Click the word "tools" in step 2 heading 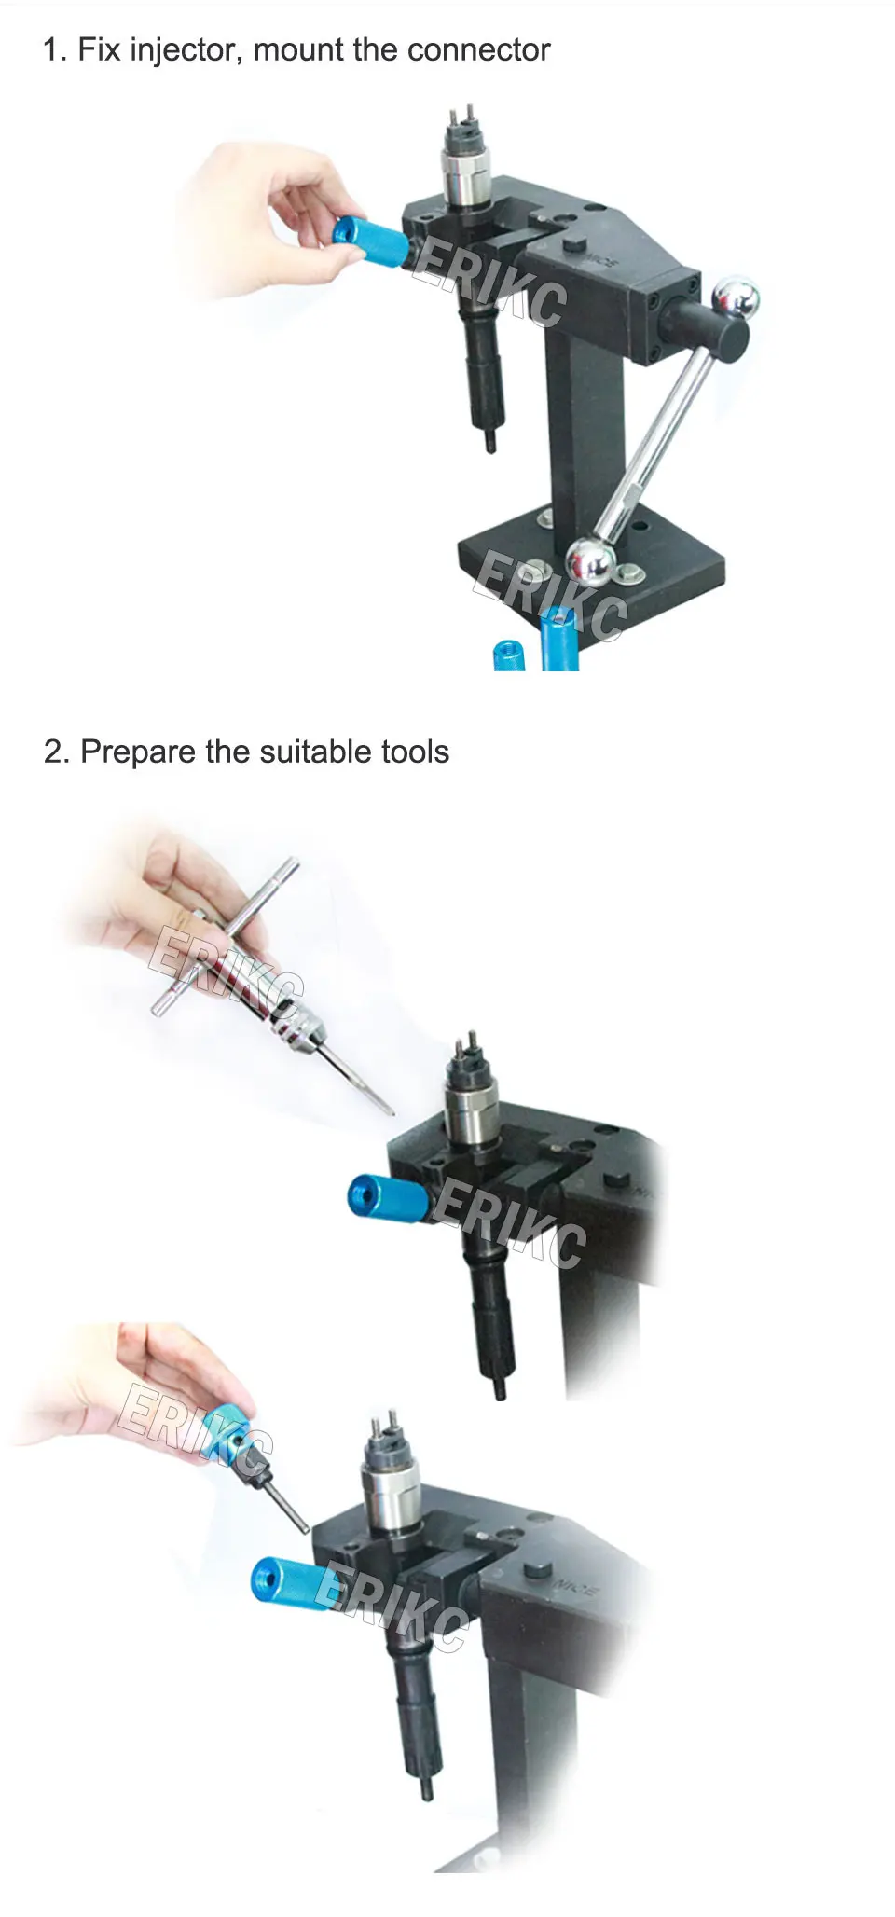[x=415, y=752]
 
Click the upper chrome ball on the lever [x=736, y=299]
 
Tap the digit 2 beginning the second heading [x=52, y=752]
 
